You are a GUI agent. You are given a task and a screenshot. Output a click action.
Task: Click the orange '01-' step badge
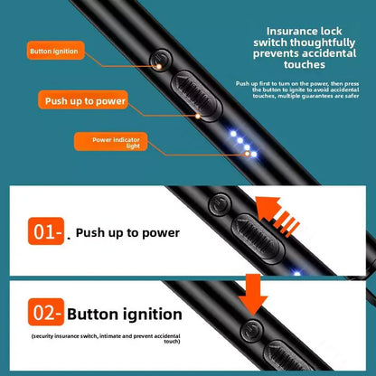pos(46,232)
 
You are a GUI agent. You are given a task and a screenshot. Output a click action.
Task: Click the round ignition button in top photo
pos(160,64)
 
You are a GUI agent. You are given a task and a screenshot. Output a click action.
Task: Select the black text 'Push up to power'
pos(127,233)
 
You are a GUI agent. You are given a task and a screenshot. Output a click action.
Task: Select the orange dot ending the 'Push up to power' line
pos(193,116)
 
